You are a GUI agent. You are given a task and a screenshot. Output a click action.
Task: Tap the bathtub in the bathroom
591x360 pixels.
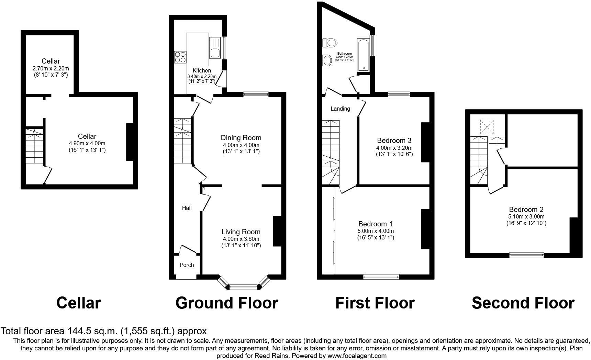click(363, 55)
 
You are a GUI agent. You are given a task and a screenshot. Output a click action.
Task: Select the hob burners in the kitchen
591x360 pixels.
click(180, 57)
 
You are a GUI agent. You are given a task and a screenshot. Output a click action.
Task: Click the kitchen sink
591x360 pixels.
click(215, 53)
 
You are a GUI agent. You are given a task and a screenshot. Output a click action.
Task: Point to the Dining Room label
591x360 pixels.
click(241, 138)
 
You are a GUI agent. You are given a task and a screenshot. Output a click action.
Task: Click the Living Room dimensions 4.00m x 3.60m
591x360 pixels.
click(241, 239)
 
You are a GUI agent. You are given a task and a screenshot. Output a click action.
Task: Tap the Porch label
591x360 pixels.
click(187, 265)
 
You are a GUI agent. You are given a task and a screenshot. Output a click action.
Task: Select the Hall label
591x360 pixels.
click(187, 208)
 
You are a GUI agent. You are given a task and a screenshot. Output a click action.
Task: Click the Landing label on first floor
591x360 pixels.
click(340, 109)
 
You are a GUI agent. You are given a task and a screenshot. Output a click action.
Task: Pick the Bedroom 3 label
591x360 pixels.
click(394, 140)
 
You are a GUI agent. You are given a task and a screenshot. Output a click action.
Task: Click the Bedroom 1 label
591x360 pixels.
click(375, 224)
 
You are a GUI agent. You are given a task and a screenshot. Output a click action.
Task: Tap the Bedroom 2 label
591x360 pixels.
click(526, 210)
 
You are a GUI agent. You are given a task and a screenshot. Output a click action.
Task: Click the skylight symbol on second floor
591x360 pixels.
click(487, 127)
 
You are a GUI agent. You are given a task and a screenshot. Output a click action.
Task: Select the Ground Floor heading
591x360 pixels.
click(226, 303)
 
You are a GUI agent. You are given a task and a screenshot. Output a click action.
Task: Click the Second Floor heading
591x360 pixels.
click(523, 303)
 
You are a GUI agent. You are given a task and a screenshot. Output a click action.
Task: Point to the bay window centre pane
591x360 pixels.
click(243, 286)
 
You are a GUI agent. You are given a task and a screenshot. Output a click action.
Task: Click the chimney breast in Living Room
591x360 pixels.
click(277, 231)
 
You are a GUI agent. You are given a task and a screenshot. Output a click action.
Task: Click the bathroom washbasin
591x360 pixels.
click(327, 61)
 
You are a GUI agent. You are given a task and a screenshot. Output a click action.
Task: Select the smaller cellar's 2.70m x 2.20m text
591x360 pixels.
click(51, 68)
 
